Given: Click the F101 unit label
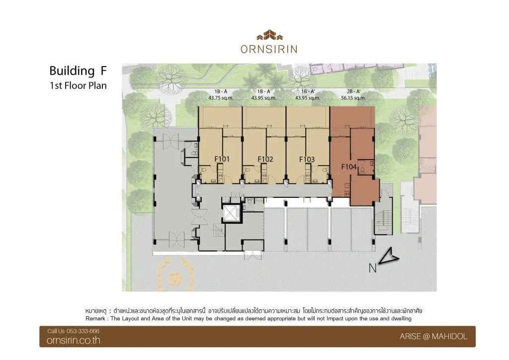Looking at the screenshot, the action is pyautogui.click(x=222, y=159).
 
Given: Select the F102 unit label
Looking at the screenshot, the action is pyautogui.click(x=265, y=159).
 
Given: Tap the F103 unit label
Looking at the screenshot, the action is pyautogui.click(x=307, y=160).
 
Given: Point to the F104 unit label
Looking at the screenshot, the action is pyautogui.click(x=349, y=167).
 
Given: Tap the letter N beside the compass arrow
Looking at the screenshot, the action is pyautogui.click(x=373, y=268).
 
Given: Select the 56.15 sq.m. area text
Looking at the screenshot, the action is pyautogui.click(x=353, y=98).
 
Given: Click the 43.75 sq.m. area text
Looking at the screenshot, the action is pyautogui.click(x=221, y=98).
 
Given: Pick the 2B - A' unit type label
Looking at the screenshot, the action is pyautogui.click(x=353, y=91).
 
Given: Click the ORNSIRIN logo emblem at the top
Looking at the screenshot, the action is pyautogui.click(x=269, y=35).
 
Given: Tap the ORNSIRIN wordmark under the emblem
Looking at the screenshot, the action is pyautogui.click(x=269, y=49).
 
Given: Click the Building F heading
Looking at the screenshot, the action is pyautogui.click(x=78, y=71).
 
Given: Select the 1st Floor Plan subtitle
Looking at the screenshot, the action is pyautogui.click(x=78, y=86).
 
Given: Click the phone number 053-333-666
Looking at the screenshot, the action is pyautogui.click(x=83, y=331).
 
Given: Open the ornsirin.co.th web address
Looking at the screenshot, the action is pyautogui.click(x=74, y=340).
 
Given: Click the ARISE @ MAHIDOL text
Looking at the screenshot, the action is pyautogui.click(x=433, y=337).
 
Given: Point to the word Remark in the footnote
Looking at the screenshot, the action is pyautogui.click(x=95, y=318).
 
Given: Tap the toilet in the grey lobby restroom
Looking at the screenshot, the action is pyautogui.click(x=194, y=153).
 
